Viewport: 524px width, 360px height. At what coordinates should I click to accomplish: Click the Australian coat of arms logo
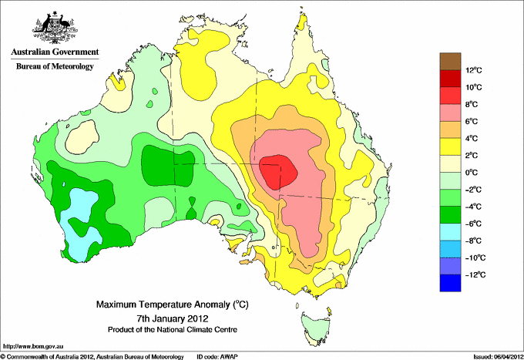click(x=55, y=28)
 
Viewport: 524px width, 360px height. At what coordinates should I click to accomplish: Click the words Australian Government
click(x=55, y=52)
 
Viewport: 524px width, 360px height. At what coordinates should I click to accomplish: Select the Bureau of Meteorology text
click(x=55, y=66)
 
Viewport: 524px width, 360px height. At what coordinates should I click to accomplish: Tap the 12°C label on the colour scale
click(x=474, y=70)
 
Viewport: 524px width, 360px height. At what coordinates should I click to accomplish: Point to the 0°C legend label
click(x=472, y=173)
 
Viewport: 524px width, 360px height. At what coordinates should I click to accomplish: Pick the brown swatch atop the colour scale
click(x=450, y=62)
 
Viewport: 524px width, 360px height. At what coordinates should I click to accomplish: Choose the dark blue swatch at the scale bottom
click(x=450, y=283)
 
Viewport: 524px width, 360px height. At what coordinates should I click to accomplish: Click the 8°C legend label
click(x=472, y=104)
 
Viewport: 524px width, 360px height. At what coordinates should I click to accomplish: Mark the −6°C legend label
click(x=474, y=224)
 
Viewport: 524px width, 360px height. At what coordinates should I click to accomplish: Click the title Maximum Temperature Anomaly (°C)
click(x=173, y=304)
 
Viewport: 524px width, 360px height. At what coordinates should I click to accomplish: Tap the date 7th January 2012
click(x=173, y=318)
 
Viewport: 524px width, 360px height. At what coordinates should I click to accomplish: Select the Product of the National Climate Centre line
click(x=173, y=330)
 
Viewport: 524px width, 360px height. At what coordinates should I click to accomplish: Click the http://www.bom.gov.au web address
click(x=33, y=347)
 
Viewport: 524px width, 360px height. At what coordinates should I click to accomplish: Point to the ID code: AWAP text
click(x=217, y=357)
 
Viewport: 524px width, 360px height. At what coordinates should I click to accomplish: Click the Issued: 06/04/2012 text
click(x=499, y=357)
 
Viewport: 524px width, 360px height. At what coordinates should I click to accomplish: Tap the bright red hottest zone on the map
click(x=278, y=172)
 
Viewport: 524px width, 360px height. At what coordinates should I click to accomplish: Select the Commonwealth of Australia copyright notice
click(x=92, y=357)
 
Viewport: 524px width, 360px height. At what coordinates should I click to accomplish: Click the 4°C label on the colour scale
click(x=472, y=139)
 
